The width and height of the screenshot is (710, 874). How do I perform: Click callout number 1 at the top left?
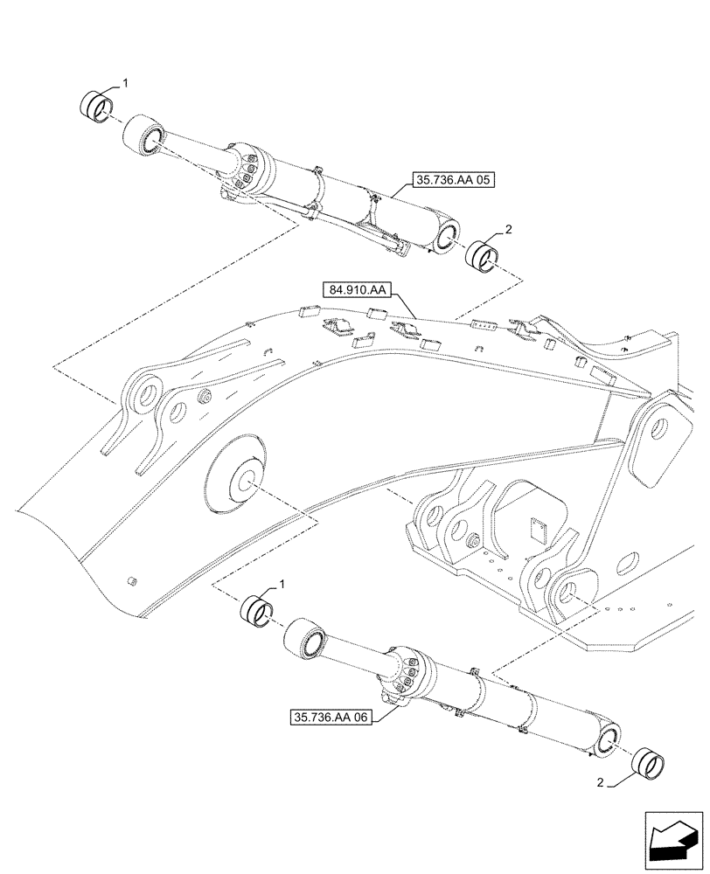pos(126,83)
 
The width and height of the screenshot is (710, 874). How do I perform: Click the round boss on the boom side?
pos(237,480)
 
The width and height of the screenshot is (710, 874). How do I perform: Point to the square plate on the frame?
pos(539,529)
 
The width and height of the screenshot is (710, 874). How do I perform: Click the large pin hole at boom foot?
pos(661,430)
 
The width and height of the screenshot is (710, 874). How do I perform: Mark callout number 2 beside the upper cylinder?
pos(508,230)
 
